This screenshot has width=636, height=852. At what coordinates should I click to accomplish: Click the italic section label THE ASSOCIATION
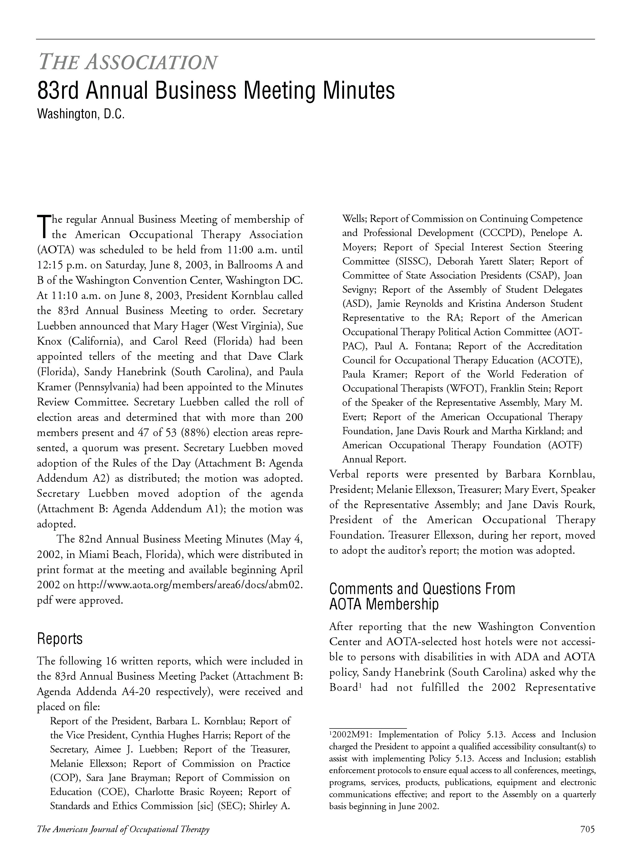128,62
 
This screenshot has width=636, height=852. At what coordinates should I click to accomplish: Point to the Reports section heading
60,639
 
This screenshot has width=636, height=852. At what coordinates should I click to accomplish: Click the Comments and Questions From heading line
422,589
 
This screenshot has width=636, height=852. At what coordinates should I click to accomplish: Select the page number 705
587,829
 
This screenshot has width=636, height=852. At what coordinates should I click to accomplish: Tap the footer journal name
123,829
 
